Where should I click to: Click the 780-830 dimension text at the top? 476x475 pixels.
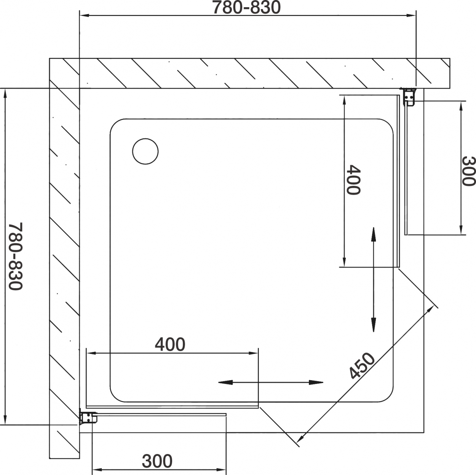pos(246,7)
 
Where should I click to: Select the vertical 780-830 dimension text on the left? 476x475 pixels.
pos(16,256)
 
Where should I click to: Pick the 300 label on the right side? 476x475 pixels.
pos(468,171)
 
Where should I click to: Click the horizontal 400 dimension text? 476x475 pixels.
pos(170,344)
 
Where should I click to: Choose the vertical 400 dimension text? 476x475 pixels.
pos(353,180)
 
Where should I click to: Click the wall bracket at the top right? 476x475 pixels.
pos(409,97)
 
